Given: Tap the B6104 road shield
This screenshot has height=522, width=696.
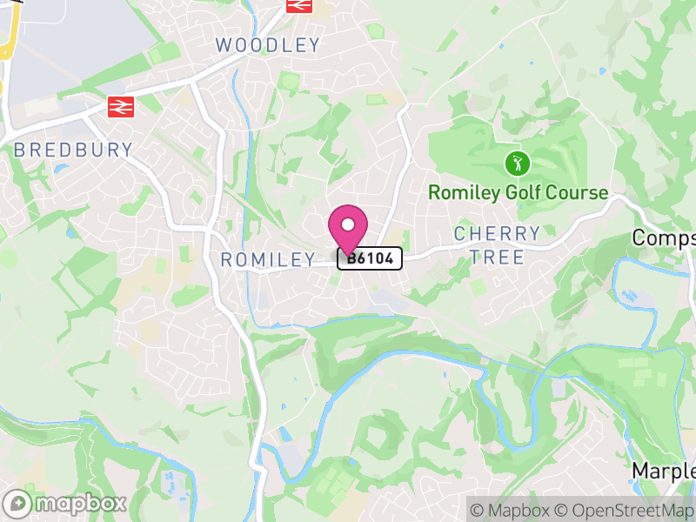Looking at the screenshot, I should tap(370, 258).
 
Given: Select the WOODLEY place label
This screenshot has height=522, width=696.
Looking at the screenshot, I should tap(268, 44).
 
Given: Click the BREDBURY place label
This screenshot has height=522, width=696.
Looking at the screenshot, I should tap(74, 150).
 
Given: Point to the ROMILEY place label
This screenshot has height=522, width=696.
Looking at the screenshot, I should tap(268, 259).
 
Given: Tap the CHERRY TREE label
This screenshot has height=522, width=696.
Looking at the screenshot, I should tap(498, 244).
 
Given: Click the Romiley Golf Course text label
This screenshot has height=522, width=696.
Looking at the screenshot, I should tap(518, 192).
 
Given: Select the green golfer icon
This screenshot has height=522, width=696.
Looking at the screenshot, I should tap(518, 162).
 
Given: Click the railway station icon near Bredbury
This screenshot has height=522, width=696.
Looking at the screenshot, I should tap(119, 106).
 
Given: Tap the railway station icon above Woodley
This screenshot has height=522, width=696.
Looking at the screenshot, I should tap(298, 4).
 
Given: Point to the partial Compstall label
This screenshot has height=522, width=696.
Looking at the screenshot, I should tap(664, 238).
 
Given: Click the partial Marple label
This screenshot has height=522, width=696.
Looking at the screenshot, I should tap(664, 471).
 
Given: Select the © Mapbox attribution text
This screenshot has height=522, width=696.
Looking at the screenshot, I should tap(510, 511).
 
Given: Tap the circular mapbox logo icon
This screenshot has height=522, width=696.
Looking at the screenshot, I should tap(19, 503).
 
